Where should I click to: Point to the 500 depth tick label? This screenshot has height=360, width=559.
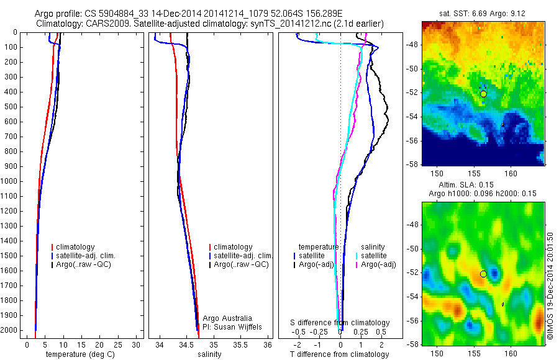11,107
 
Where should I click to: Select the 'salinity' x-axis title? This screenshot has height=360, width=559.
209,354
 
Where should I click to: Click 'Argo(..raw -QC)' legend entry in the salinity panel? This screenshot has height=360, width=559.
240,264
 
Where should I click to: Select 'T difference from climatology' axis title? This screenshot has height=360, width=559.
339,354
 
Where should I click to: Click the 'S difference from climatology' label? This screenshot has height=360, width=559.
340,323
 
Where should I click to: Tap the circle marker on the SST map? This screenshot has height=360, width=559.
483,94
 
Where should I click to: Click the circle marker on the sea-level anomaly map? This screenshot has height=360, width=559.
483,274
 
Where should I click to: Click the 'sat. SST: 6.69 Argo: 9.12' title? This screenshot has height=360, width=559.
483,12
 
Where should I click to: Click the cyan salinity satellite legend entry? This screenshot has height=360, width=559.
373,255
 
